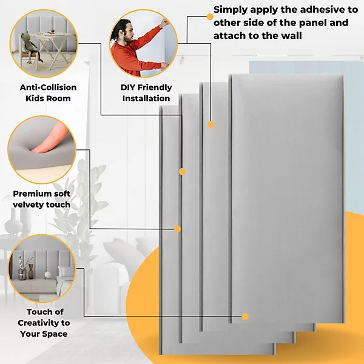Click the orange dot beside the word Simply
coord(209,16)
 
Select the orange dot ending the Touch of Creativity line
coord(245,317)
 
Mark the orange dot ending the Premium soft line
coord(177,229)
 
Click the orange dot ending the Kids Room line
coord(181,172)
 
